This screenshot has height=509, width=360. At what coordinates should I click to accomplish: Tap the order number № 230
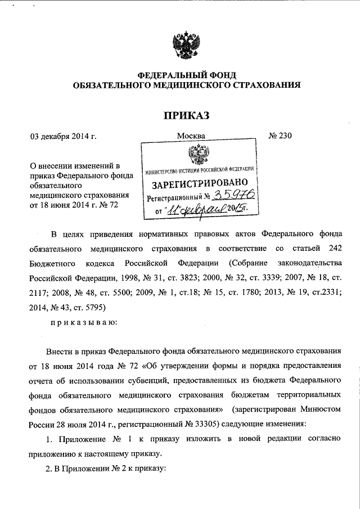coord(281,136)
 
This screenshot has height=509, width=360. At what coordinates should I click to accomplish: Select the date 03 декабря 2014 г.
coord(63,136)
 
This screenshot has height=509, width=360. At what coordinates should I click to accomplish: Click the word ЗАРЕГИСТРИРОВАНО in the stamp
coord(199,184)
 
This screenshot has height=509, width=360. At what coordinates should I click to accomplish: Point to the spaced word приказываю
coord(84,322)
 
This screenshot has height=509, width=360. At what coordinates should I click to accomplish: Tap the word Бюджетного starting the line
coord(50,263)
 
